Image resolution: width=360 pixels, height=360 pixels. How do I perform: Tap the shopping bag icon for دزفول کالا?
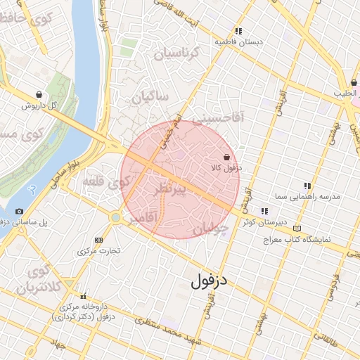(226, 157)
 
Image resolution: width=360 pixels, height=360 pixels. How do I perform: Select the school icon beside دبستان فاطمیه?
(239, 31)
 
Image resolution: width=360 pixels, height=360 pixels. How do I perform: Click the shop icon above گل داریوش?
(38, 94)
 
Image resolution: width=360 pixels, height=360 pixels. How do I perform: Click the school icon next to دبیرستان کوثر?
(264, 211)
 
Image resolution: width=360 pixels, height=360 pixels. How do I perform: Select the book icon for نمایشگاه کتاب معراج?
(298, 229)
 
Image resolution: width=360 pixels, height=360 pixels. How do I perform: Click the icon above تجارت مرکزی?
(98, 240)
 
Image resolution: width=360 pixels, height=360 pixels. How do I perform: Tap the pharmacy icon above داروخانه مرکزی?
(84, 296)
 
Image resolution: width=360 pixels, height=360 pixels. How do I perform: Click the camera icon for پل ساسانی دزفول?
(19, 211)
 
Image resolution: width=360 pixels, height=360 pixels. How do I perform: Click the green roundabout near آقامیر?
(115, 218)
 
